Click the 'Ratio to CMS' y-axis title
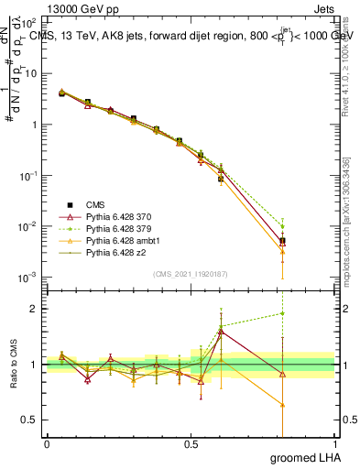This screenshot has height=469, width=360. pos(13,365)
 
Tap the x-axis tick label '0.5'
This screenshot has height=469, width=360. pos(191,444)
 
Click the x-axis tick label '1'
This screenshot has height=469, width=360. pos(334,444)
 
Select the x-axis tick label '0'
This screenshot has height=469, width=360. pos(47,444)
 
